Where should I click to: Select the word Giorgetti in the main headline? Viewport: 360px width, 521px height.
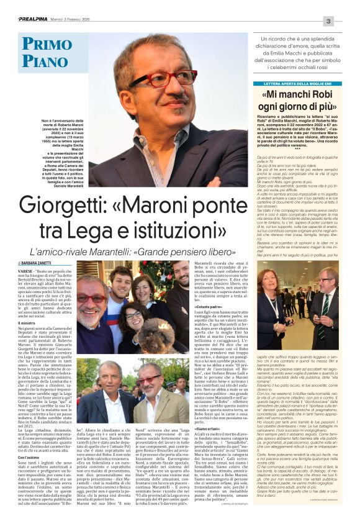tap(66, 206)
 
